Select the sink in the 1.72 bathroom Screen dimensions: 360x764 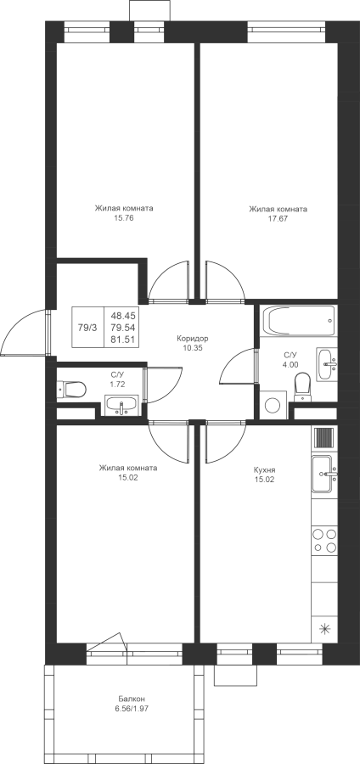coord(121,406)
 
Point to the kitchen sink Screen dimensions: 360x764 coord(324,474)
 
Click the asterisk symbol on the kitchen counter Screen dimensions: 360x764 coord(324,628)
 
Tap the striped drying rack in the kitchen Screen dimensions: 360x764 coord(324,437)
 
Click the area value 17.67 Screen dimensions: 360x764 coord(278,219)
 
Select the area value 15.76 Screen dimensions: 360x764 coord(124,218)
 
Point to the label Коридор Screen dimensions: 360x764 coord(193,338)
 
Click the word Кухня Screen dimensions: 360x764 coord(265,470)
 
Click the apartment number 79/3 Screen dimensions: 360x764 coord(87,328)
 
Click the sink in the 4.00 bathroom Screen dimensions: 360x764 coord(326,364)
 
